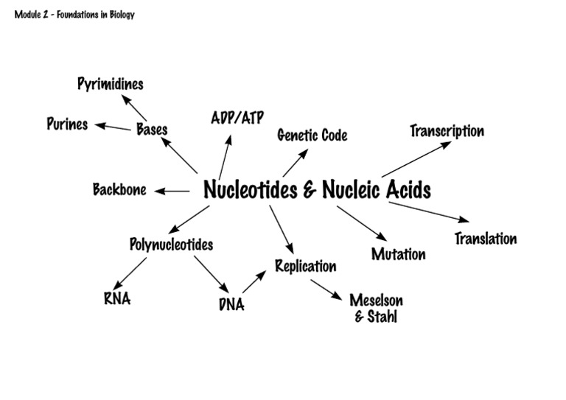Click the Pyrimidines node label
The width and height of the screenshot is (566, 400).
click(110, 84)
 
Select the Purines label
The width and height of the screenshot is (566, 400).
click(67, 124)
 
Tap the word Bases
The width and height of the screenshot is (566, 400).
click(152, 130)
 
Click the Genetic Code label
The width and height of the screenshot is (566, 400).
click(312, 136)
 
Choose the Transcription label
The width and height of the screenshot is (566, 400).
click(447, 131)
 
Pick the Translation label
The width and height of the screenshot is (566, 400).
click(485, 239)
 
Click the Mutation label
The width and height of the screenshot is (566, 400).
click(398, 255)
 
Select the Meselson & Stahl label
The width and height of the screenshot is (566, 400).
click(376, 309)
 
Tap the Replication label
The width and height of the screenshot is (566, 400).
click(305, 266)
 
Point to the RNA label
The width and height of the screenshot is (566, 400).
click(117, 299)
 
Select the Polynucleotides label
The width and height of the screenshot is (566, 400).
click(171, 245)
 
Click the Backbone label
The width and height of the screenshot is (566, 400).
click(119, 190)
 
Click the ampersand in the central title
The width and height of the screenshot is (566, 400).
click(310, 191)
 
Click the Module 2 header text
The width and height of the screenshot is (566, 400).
click(74, 14)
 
